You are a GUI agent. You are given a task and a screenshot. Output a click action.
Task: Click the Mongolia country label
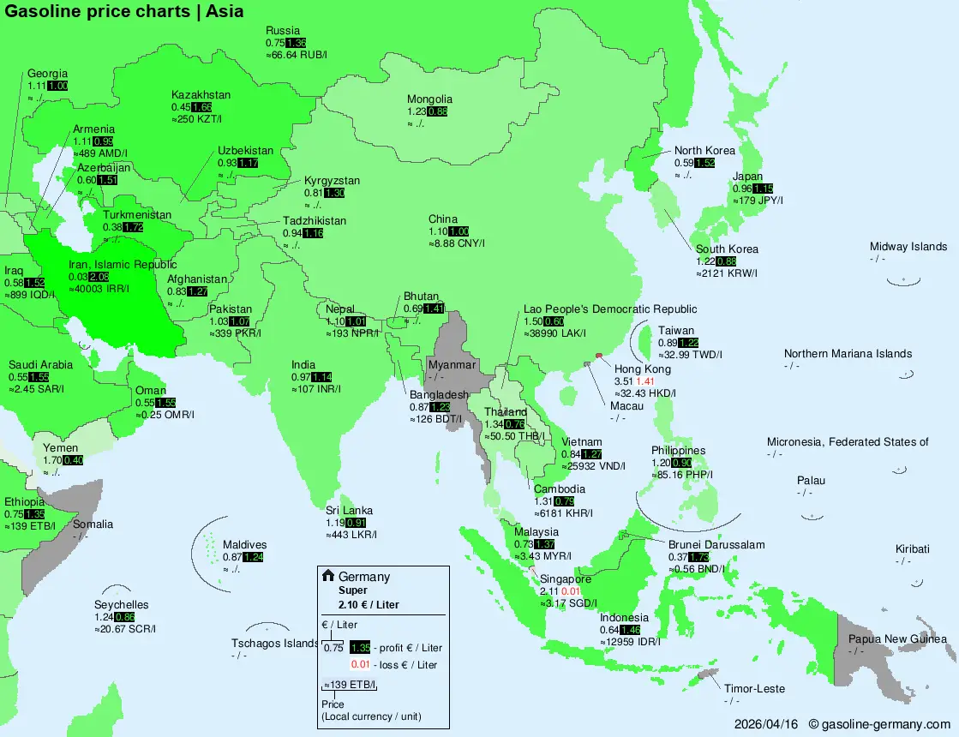point(429,99)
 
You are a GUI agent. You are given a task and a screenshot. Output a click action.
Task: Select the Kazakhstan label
point(201,94)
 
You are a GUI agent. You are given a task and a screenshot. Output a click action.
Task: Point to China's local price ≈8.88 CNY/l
point(457,244)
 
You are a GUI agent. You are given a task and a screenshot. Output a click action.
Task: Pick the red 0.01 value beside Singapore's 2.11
point(572,591)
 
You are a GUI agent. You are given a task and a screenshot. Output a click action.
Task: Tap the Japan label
point(747,177)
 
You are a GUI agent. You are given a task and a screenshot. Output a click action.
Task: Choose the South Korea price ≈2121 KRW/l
point(727,273)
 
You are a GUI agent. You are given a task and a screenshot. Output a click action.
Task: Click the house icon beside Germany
point(327,576)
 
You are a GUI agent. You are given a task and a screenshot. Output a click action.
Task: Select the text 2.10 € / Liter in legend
point(369,604)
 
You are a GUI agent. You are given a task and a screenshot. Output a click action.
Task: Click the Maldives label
point(245,544)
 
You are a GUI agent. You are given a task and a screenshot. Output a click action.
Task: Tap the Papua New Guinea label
point(897,638)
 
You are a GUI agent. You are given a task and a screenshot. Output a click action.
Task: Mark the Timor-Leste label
point(754,688)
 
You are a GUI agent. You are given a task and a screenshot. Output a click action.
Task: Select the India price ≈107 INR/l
point(315,389)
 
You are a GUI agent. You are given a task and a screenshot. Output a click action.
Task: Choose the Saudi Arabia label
point(40,364)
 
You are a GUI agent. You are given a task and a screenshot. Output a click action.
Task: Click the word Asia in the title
point(225,11)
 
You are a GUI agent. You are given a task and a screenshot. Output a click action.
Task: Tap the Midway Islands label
point(908,247)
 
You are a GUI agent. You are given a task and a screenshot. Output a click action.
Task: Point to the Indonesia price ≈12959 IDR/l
point(630,642)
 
